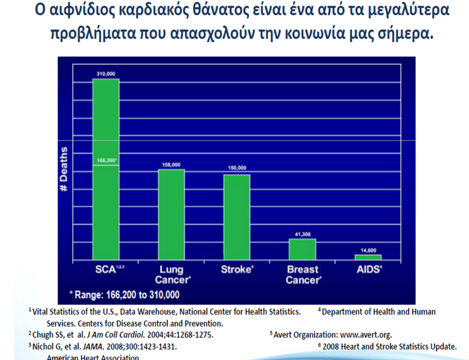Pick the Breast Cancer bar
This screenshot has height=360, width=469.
302,249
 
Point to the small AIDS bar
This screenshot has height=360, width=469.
368,257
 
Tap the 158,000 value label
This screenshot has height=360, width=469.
172,165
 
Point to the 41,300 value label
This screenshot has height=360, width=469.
302,234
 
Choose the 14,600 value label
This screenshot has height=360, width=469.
368,250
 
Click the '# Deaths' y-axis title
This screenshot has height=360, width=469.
64,169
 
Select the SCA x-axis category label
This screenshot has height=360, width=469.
107,269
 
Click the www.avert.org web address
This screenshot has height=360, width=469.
366,334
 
